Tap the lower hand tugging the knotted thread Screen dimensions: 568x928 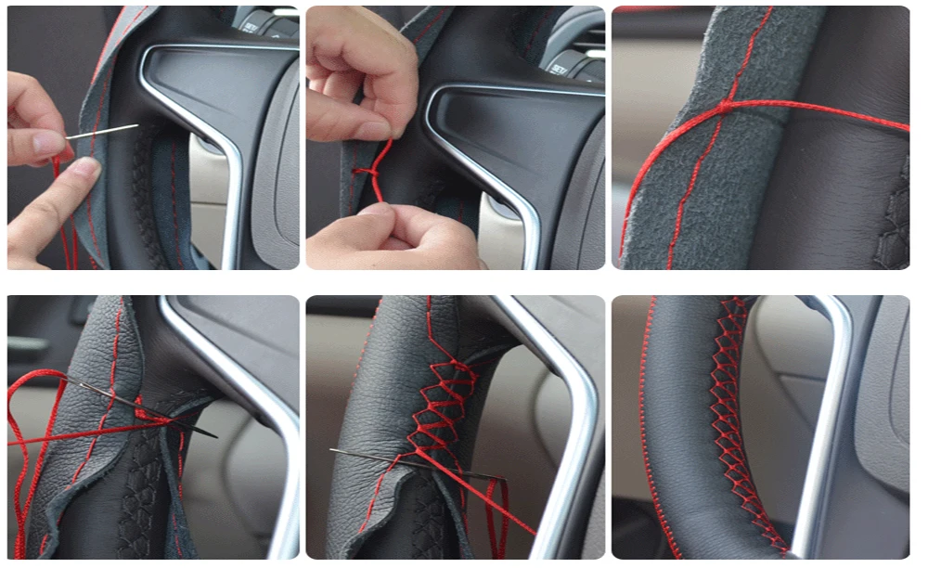(390, 237)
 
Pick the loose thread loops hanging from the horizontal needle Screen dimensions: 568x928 (496, 510)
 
